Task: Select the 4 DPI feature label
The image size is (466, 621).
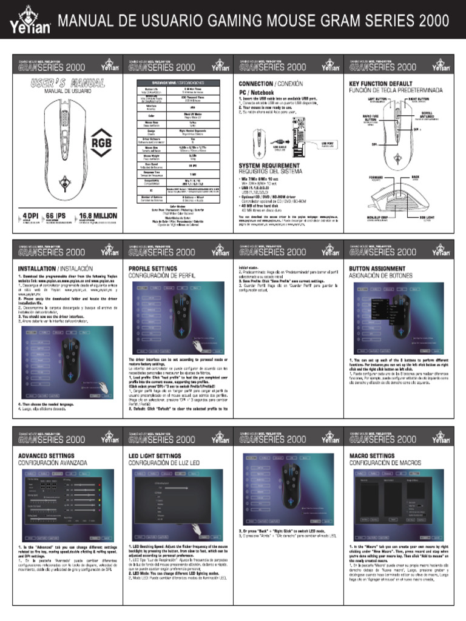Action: click(28, 216)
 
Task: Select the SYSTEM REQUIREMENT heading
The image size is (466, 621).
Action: click(269, 166)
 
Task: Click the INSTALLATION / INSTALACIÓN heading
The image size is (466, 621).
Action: click(55, 267)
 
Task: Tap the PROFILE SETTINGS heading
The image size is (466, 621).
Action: click(153, 267)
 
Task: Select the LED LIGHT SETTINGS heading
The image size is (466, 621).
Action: click(155, 455)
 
